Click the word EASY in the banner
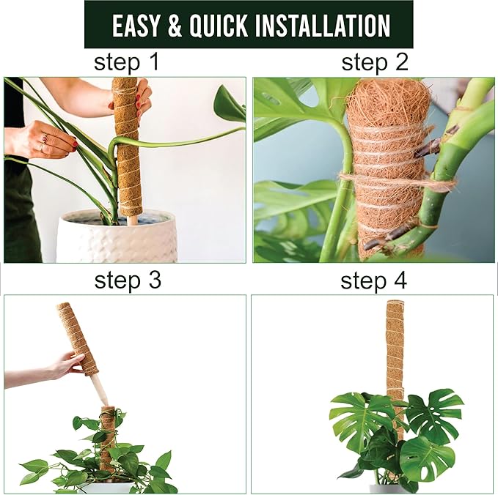[x=136, y=26]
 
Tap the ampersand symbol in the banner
[x=176, y=26]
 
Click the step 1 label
[x=126, y=62]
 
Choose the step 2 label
[x=375, y=62]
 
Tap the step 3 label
[x=127, y=280]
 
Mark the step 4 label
[x=373, y=280]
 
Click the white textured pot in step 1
[x=117, y=238]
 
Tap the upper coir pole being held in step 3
[x=77, y=338]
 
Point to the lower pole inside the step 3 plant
[x=108, y=439]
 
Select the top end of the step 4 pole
[x=395, y=305]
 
